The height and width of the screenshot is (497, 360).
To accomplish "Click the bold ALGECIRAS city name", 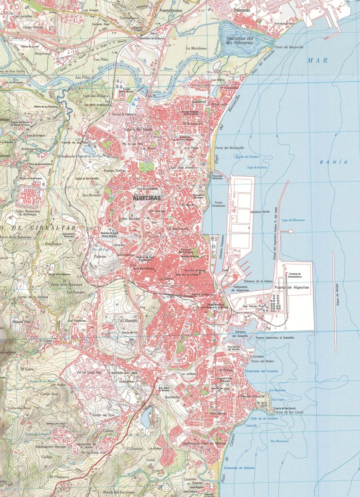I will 146,198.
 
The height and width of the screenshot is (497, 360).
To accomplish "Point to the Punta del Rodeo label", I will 257,362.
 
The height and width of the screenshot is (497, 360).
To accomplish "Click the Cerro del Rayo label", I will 19,408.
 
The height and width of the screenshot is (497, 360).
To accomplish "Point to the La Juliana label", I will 189,374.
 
